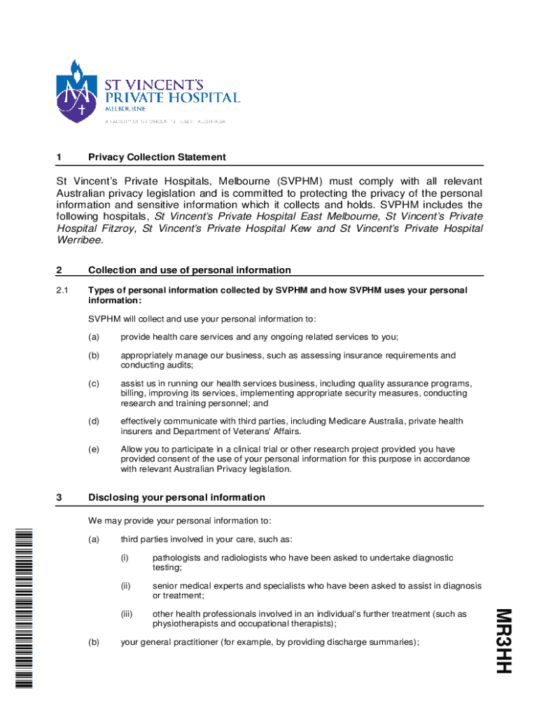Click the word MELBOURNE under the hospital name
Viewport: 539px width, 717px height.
(x=125, y=109)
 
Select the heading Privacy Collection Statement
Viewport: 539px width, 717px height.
(x=157, y=157)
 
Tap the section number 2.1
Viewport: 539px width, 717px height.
(x=61, y=290)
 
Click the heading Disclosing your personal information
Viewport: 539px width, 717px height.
(x=176, y=497)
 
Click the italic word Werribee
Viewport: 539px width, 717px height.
(x=79, y=240)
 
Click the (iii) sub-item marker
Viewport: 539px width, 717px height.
(x=126, y=614)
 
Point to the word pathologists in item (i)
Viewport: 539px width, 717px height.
(x=178, y=558)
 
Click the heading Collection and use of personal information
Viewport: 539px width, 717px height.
(x=189, y=270)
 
